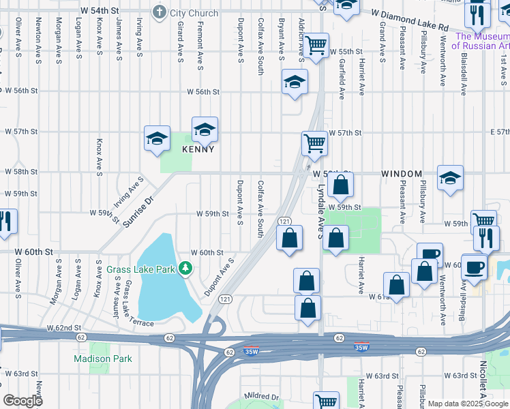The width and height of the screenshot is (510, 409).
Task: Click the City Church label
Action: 194,13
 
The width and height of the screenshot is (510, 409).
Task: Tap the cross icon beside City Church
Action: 160,12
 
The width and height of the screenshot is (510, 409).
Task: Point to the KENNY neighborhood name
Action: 198,149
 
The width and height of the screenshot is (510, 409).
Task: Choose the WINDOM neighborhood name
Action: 402,175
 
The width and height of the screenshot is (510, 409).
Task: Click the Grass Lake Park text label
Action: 141,269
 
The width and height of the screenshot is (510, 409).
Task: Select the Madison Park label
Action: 99,359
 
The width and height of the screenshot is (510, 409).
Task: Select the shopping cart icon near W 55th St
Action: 316,46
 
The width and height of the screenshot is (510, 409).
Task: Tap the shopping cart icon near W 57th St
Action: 314,144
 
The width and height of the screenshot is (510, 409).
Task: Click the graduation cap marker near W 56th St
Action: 295,83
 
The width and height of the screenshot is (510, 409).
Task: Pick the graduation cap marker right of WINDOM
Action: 450,179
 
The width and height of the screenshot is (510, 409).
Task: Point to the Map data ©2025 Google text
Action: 467,404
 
